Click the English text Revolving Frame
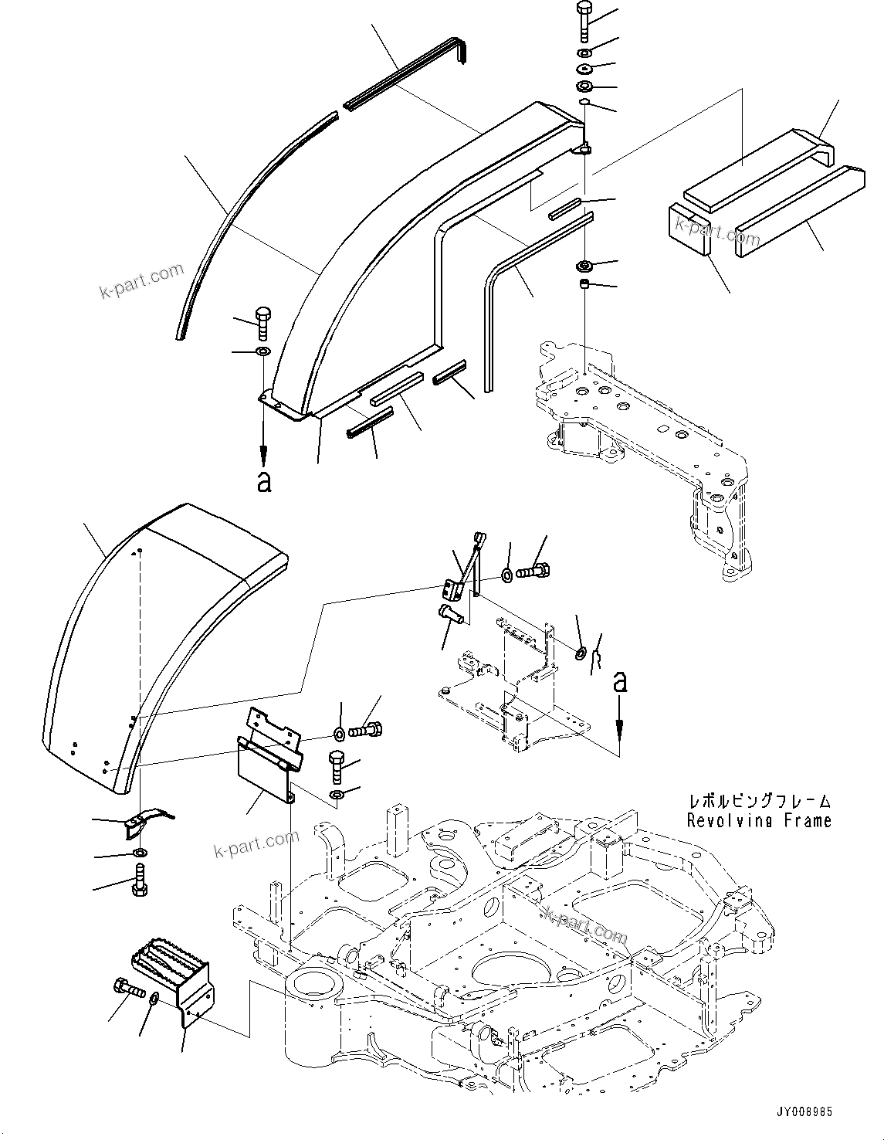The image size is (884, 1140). click(x=759, y=821)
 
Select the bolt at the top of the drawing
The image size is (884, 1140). click(x=584, y=22)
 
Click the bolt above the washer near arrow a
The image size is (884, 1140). click(x=262, y=323)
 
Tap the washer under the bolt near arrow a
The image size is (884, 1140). click(x=263, y=352)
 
